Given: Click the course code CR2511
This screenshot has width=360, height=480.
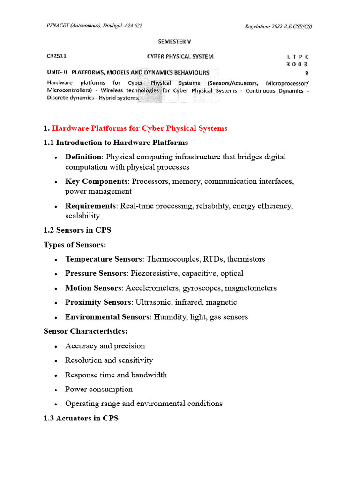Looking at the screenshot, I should [x=56, y=56].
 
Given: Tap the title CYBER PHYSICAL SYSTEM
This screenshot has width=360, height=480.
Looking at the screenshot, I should [x=180, y=56].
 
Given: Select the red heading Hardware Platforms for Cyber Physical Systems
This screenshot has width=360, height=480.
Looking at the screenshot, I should [x=140, y=128].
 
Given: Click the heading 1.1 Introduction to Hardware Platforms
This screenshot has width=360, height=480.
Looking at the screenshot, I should [x=116, y=142].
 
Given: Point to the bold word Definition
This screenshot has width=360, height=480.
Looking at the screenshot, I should [x=83, y=157].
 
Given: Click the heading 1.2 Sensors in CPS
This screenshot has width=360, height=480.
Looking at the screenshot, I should [x=77, y=230].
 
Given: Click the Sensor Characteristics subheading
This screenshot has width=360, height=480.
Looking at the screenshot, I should [x=85, y=331].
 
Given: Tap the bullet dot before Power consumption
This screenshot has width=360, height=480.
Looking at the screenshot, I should [x=56, y=390].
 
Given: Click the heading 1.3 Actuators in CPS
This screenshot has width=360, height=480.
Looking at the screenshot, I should [x=81, y=418].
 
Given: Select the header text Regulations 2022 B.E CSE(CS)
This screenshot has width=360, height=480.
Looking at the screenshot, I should [x=278, y=26].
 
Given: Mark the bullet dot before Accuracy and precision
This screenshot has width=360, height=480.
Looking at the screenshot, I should [x=56, y=346].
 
